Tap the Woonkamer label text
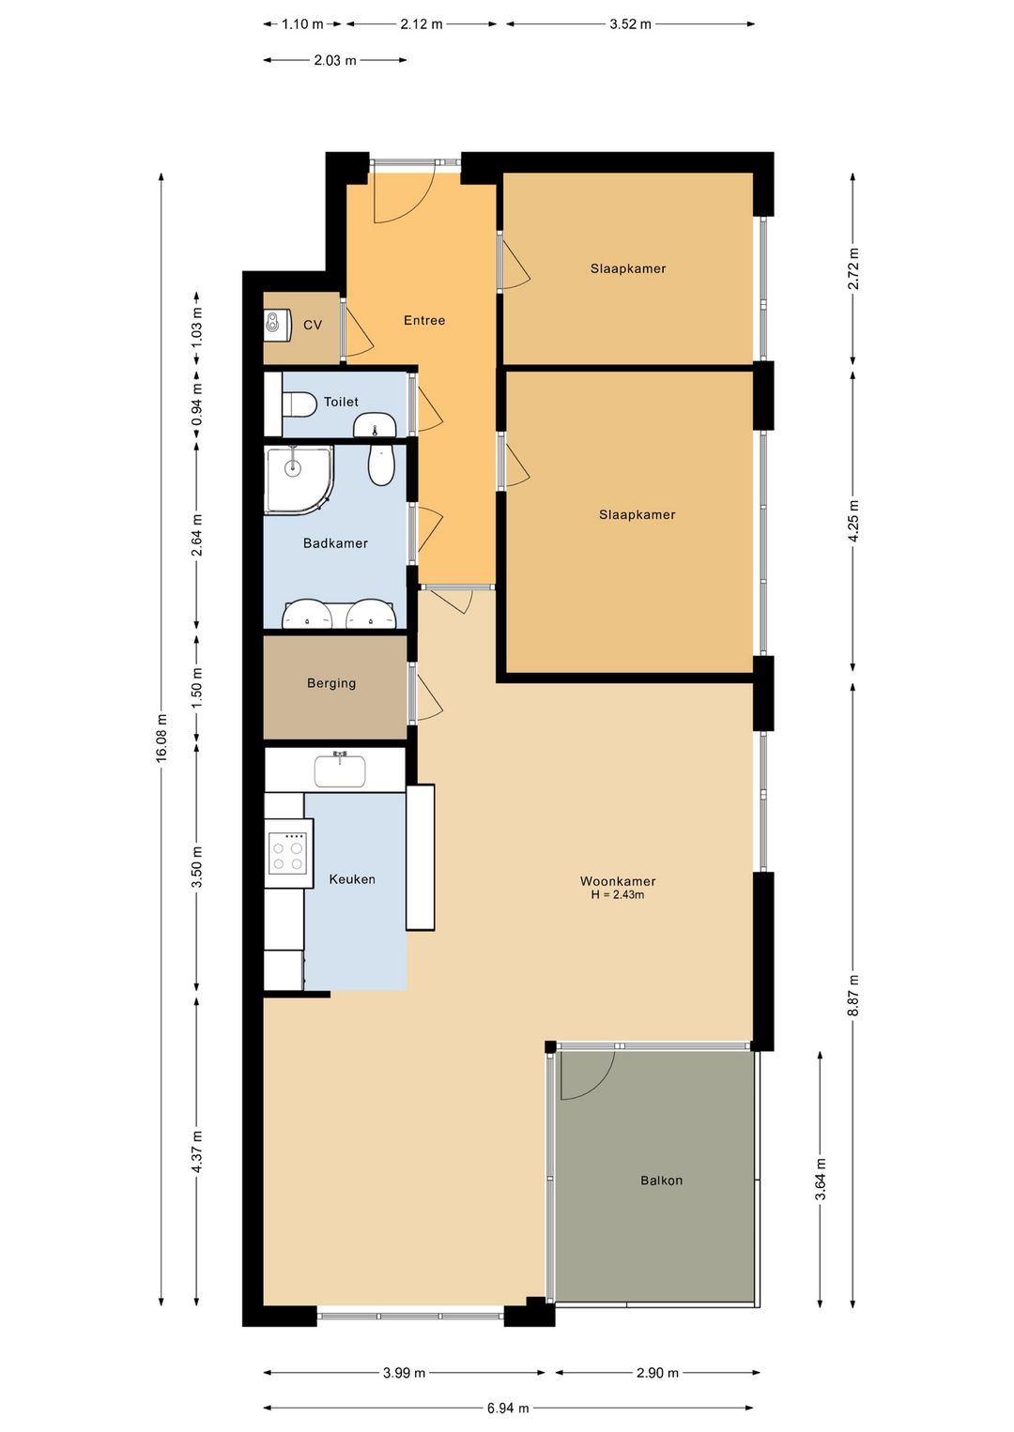click(618, 881)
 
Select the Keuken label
click(352, 879)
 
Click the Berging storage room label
click(331, 683)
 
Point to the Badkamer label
click(335, 543)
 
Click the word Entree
click(424, 320)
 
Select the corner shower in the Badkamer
click(300, 480)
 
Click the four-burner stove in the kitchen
click(288, 852)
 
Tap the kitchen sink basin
click(340, 771)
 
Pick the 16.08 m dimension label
click(161, 737)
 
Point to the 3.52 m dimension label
click(630, 24)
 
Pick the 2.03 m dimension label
click(334, 61)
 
